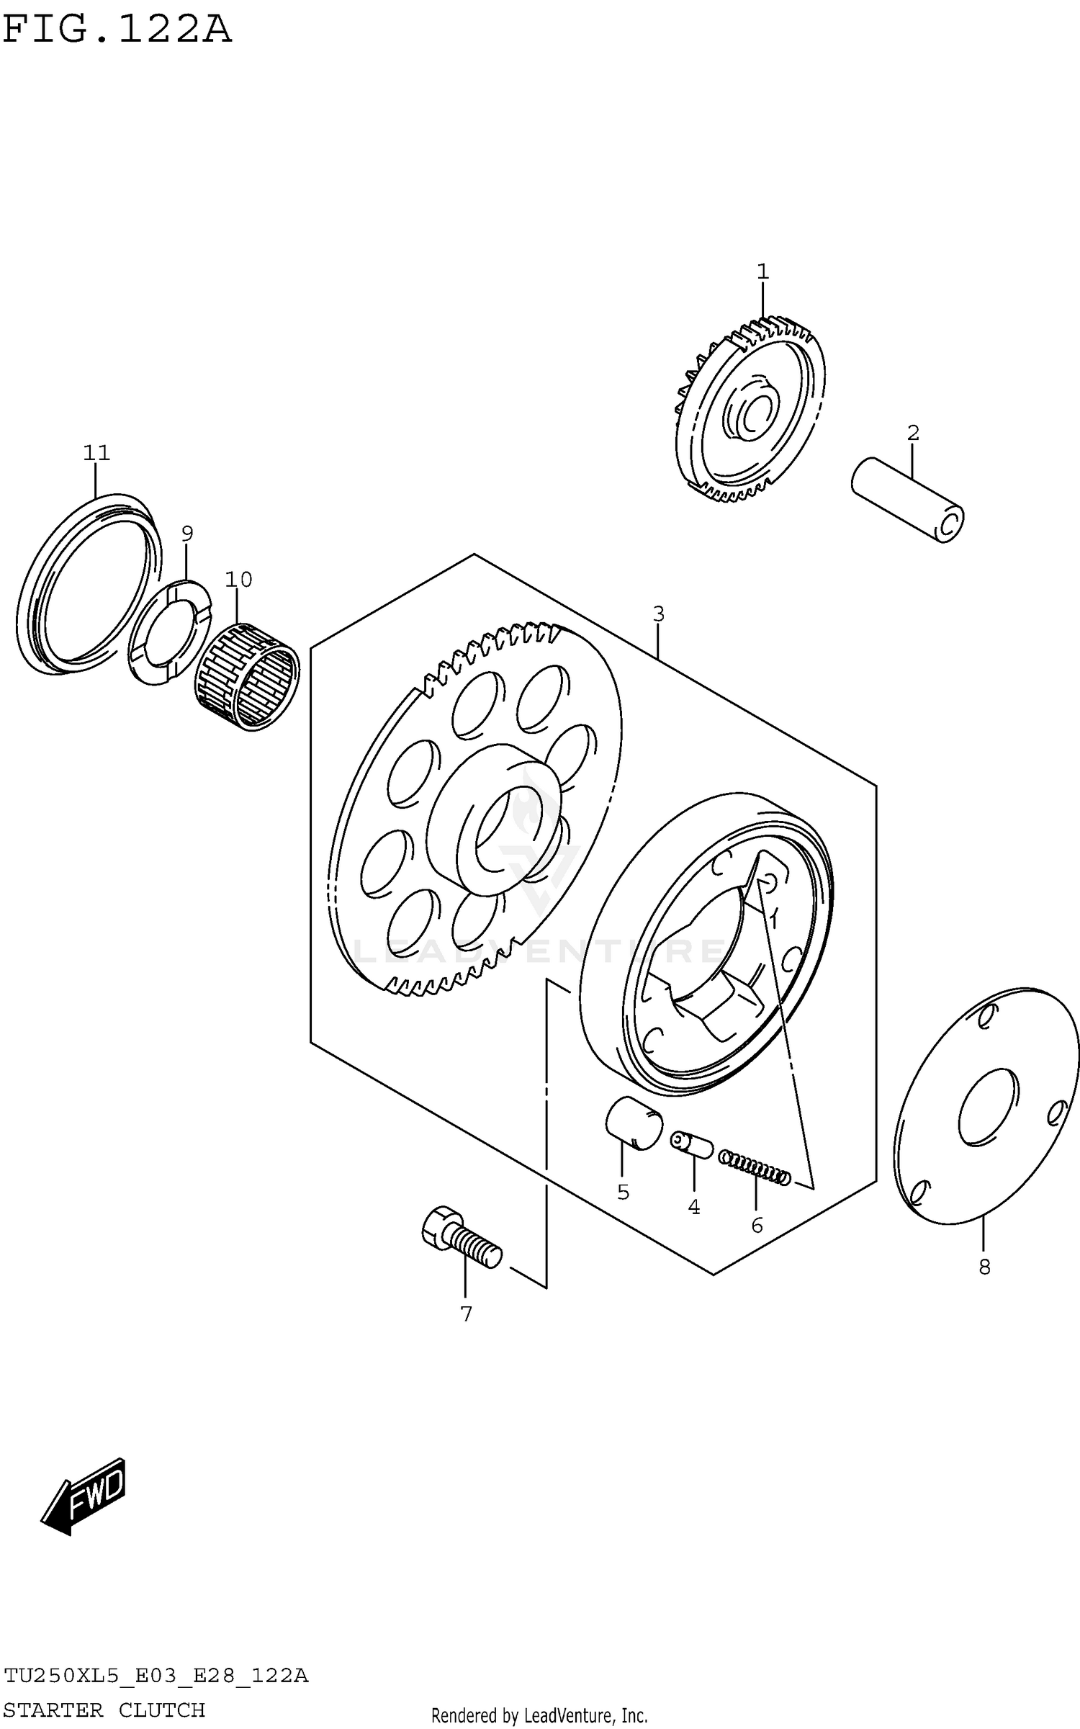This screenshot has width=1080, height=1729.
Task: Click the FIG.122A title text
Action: pos(117,30)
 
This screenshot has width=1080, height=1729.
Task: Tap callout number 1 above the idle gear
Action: pos(762,272)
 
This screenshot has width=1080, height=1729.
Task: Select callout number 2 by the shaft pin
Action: pos(913,433)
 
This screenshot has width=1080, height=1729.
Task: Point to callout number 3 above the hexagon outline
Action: pos(658,614)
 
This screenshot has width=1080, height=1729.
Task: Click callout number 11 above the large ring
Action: pos(96,453)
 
